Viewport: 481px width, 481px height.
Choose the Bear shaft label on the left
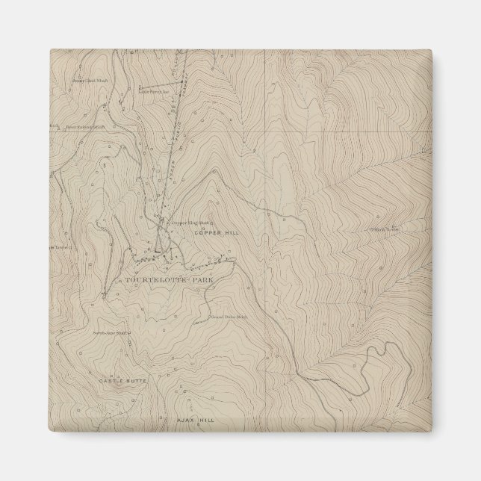pyautogui.click(x=82, y=127)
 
